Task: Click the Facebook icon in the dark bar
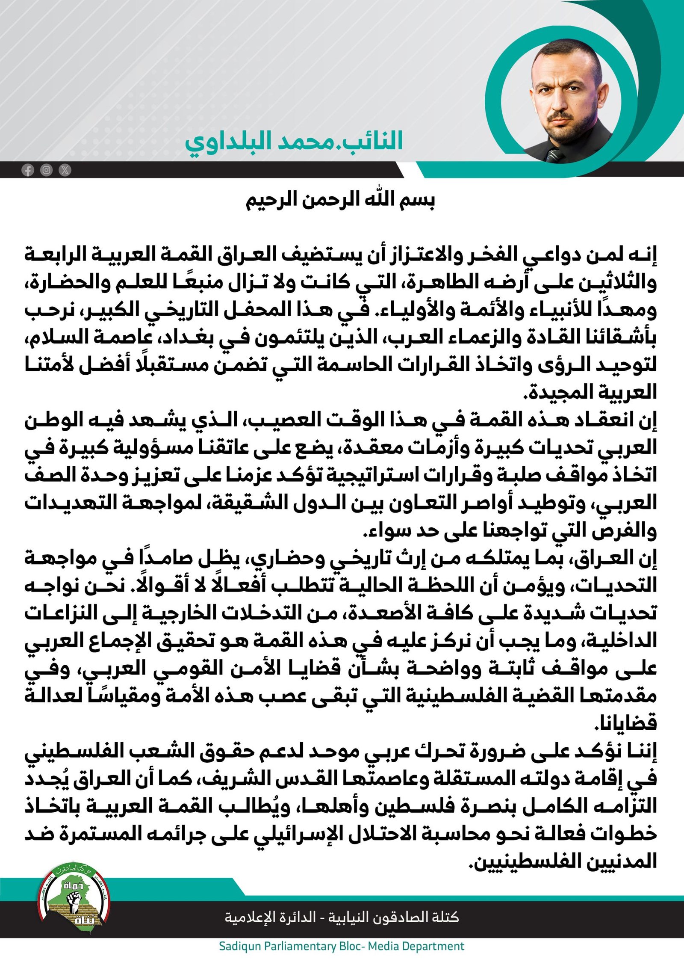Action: coord(28,170)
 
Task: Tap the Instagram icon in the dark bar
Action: coord(46,170)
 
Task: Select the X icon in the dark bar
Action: coord(65,170)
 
